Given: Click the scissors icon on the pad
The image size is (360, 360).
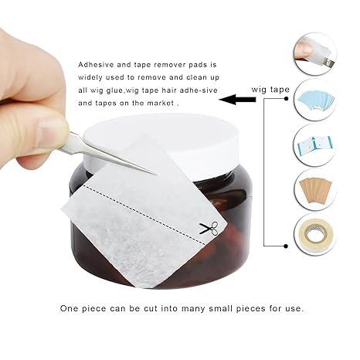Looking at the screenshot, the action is point(209,228).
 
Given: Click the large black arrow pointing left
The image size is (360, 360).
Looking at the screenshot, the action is point(237,100).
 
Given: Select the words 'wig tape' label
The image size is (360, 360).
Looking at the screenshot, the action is point(270,90).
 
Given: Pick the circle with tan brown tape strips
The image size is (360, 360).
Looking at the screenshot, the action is point(315,189).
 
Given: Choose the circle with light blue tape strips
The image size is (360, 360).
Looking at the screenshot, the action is point(315,100).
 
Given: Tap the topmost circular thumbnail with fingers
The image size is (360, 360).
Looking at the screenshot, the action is point(315,54).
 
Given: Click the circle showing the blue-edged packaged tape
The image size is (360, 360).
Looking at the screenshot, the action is point(315,145).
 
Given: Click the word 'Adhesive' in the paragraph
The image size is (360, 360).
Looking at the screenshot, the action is point(96,64).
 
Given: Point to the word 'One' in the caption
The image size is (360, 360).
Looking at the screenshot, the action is point(69,308).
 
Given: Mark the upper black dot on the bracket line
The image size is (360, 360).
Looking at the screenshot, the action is point(286,99).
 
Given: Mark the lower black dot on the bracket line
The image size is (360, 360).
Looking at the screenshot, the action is point(286,246).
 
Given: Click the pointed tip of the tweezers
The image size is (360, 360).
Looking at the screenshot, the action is point(156,175).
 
